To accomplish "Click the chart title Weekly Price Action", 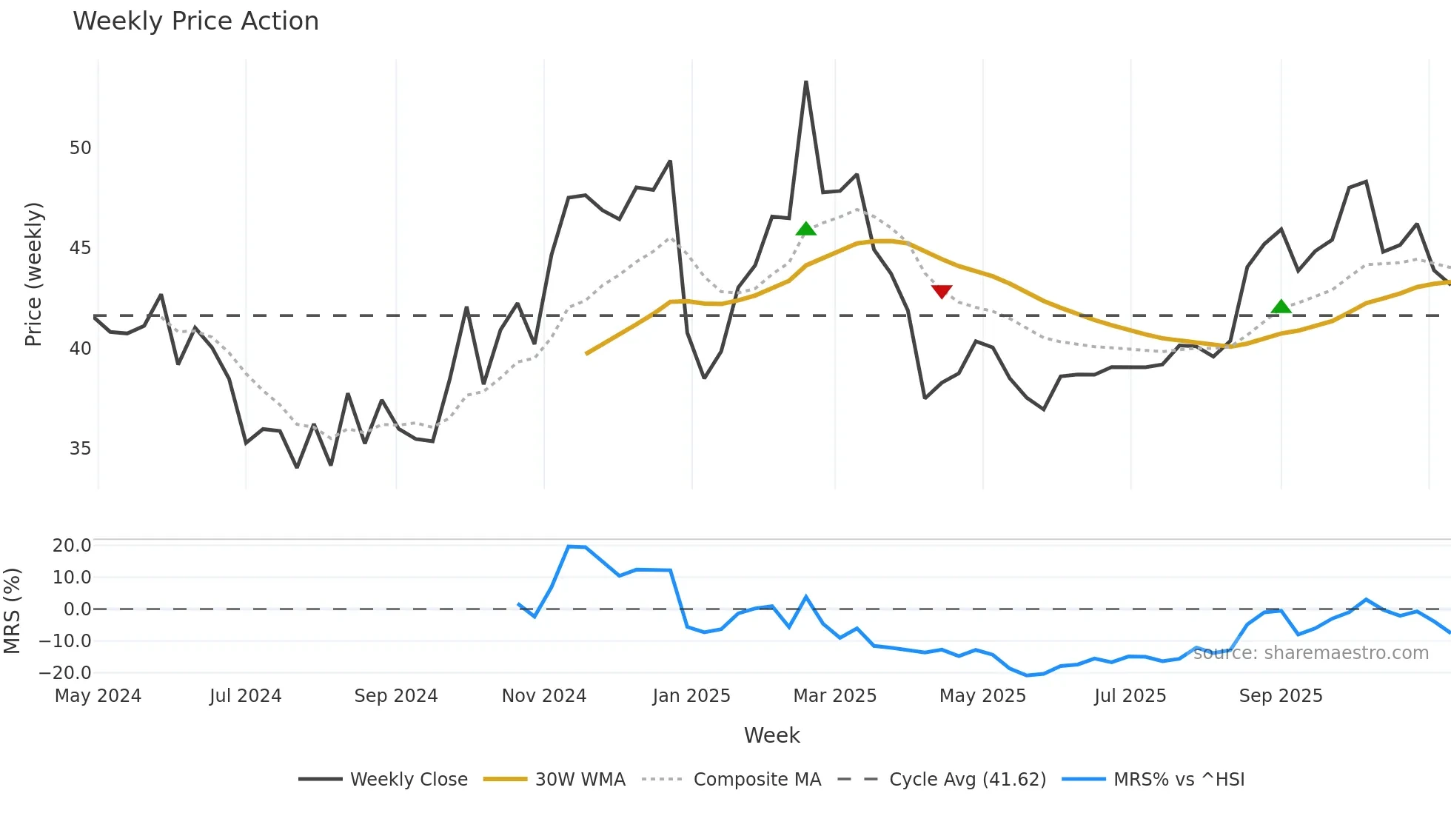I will [x=195, y=21].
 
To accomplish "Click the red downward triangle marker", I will [x=941, y=292].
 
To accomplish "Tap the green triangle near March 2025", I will [x=805, y=229].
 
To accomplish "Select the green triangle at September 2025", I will [x=1281, y=307].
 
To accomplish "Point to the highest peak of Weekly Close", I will [x=805, y=82].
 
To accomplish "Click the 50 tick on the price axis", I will [x=80, y=148].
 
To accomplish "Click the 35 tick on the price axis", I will [x=80, y=449].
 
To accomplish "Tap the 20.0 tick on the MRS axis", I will [x=72, y=546].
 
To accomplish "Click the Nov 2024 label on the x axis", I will [x=543, y=696].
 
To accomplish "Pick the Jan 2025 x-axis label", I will [x=691, y=696].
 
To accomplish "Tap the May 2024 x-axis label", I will [x=98, y=696].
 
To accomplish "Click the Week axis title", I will [x=771, y=735].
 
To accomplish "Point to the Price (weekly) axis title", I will [x=33, y=274].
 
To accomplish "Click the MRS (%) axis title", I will [x=12, y=611].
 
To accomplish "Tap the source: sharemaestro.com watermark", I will [x=1310, y=653].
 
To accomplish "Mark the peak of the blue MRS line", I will [x=569, y=546].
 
